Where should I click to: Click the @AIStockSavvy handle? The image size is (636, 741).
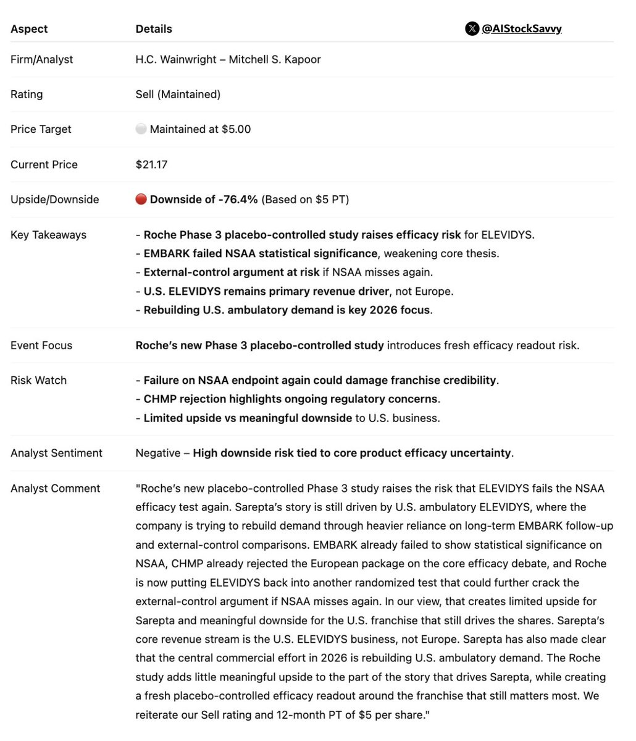(521, 28)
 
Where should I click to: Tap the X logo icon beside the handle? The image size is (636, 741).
(472, 28)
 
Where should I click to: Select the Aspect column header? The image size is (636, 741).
(29, 29)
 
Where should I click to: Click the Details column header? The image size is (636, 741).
(154, 29)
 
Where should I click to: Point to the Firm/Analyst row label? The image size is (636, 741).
(41, 59)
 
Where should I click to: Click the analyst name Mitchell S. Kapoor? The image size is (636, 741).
(275, 59)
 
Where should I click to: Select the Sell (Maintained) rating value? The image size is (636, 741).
(178, 94)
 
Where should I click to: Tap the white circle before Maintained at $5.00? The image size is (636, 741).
(141, 129)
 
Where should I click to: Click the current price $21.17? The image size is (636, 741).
(151, 164)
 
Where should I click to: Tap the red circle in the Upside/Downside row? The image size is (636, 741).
(141, 200)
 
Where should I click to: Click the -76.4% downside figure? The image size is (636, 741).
(238, 200)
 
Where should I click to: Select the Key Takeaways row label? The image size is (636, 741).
(48, 235)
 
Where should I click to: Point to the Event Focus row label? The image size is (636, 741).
(41, 345)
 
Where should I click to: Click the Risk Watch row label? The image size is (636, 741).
(38, 380)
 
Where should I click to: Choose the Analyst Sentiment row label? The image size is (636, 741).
(56, 453)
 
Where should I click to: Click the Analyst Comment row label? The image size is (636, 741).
(55, 488)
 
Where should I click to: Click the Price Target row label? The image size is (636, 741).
(41, 129)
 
